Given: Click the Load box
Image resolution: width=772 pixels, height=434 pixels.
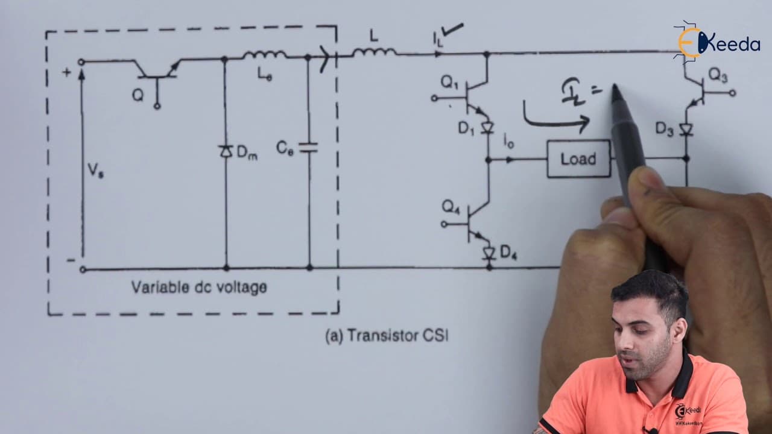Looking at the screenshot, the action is [578, 159].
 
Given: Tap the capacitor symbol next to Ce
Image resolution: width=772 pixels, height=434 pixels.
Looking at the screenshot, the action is [308, 148].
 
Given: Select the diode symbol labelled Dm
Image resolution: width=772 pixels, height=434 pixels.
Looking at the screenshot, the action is [226, 151].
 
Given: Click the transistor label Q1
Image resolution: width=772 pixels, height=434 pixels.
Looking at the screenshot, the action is [449, 83].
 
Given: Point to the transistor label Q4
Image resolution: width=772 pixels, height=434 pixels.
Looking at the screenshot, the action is [451, 207].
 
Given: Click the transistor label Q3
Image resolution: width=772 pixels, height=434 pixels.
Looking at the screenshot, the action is [718, 75].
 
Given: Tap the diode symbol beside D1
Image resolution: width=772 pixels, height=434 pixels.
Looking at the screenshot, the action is [487, 128].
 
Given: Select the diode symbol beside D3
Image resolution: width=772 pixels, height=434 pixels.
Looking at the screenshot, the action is [686, 130].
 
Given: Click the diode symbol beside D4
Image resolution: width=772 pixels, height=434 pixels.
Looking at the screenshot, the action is [489, 254].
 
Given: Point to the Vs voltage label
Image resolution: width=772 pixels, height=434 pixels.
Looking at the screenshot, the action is [95, 170].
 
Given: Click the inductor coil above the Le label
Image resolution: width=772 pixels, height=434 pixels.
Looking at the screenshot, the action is [264, 55].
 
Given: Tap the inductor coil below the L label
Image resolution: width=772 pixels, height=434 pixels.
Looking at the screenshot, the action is [375, 52].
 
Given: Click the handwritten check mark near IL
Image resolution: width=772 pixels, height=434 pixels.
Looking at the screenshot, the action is [452, 30].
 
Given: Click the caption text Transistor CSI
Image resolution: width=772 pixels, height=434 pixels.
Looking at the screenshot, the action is [397, 335].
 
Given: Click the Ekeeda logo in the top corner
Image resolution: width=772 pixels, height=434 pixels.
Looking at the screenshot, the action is [717, 43].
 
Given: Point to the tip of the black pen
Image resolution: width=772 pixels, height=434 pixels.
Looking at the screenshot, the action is [614, 86].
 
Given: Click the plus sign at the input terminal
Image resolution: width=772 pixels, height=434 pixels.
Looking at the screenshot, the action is [66, 72].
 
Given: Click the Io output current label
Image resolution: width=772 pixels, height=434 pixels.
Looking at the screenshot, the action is [508, 141].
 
